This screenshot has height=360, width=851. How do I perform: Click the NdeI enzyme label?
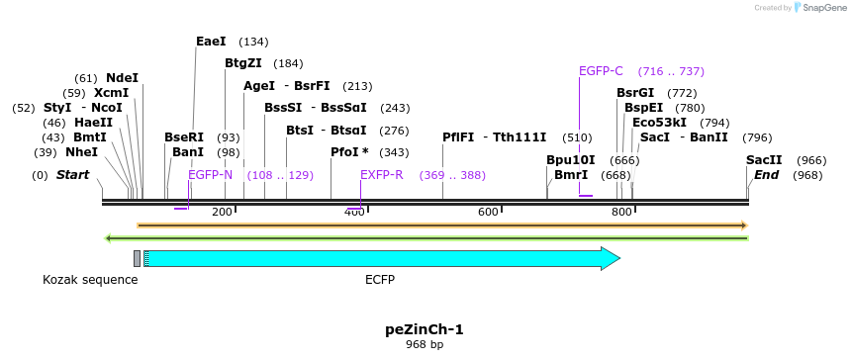coord(122,77)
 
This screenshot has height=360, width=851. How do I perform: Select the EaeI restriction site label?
coord(211,42)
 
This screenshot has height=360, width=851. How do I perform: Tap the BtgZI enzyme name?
coord(242,63)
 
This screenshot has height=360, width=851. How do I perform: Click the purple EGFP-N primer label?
coord(210,174)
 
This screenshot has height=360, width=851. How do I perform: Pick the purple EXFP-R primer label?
coord(381,174)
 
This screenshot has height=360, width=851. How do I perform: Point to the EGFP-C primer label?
coord(601,71)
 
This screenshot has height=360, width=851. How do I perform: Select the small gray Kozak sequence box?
coord(138,259)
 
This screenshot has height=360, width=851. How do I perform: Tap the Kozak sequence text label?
coord(90,280)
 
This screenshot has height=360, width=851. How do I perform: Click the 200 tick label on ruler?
coord(222,212)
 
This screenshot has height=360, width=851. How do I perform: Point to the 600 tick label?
coord(488,212)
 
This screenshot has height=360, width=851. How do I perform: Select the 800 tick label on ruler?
coord(621,212)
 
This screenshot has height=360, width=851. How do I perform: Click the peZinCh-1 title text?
coord(424,329)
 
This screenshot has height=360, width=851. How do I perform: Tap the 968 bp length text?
coord(424,345)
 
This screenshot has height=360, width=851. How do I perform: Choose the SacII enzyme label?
coord(764,160)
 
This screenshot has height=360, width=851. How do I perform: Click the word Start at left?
coord(72,175)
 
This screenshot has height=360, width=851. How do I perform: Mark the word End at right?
coord(766,175)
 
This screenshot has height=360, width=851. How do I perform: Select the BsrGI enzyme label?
coord(635,93)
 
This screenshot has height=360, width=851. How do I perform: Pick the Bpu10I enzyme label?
coord(571,160)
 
